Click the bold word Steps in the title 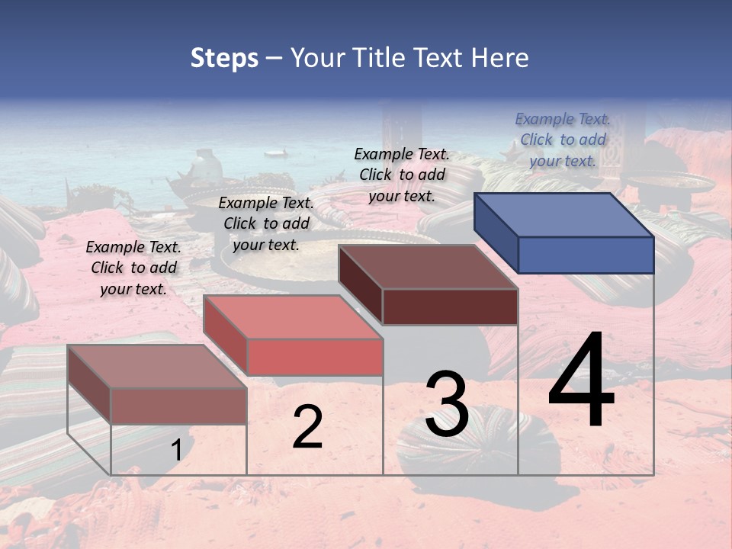point(224,58)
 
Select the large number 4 point(581,381)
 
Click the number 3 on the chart point(447,404)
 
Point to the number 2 point(307,427)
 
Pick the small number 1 point(176,451)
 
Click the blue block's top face point(564,214)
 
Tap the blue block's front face point(586,255)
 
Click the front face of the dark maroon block point(450,307)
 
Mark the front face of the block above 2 point(314,357)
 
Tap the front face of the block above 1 point(178,406)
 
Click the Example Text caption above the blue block point(563,140)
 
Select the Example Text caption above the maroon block point(402,175)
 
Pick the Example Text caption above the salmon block point(266,223)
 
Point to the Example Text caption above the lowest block point(133,268)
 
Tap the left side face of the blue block point(496,232)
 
